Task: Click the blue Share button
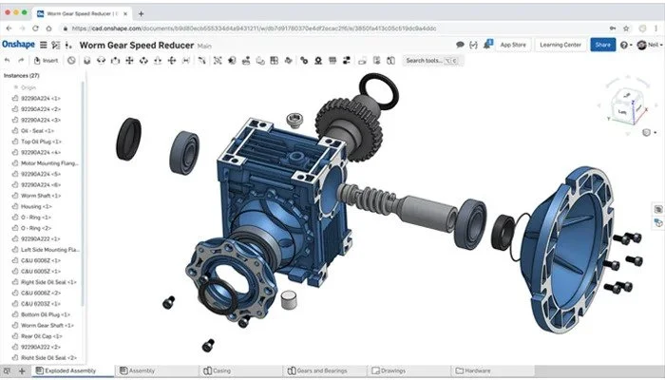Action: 602,44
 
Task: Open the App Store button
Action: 513,44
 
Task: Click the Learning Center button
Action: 560,44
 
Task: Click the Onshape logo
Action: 18,44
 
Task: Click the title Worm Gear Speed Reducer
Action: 137,44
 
